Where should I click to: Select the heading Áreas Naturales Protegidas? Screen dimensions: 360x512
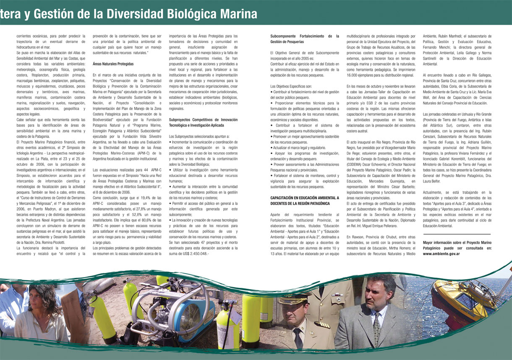(x=113, y=64)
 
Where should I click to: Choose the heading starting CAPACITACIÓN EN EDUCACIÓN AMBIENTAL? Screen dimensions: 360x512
(x=305, y=200)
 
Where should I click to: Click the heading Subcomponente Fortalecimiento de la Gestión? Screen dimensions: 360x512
(x=305, y=39)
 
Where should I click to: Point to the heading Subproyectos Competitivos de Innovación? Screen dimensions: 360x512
(x=203, y=122)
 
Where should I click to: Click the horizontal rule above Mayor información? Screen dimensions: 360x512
(x=457, y=234)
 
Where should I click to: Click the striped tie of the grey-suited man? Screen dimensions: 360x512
(x=377, y=328)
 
